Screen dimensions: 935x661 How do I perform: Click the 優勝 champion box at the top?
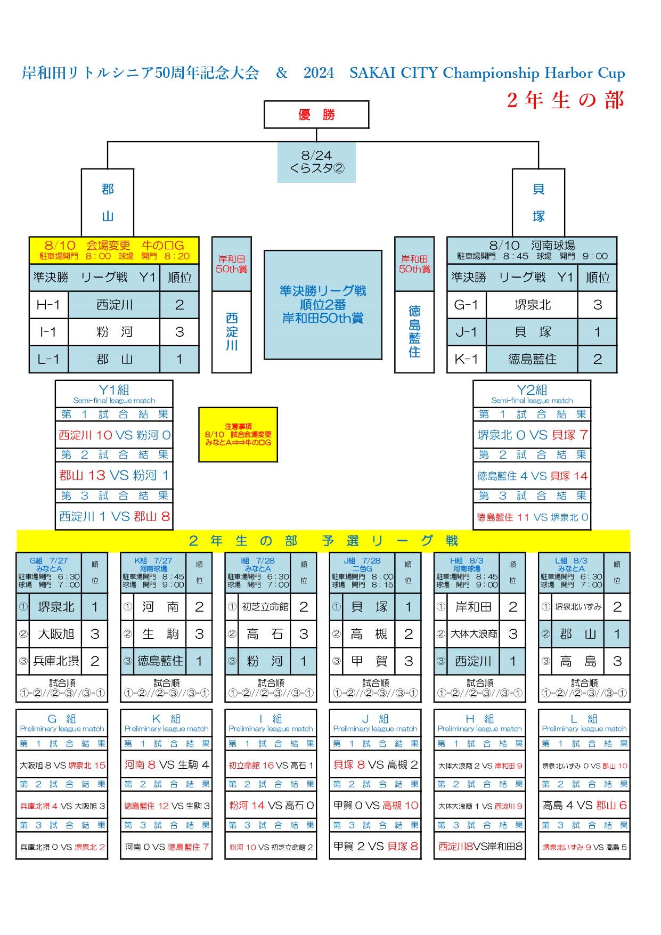(x=316, y=115)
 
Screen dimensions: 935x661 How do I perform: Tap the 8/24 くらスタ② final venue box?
(x=316, y=162)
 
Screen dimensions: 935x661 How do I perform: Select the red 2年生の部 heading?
(x=565, y=100)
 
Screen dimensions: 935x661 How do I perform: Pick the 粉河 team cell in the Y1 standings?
(x=114, y=332)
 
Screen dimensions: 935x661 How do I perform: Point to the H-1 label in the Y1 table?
(x=48, y=305)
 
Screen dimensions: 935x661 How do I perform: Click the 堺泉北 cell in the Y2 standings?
(x=532, y=305)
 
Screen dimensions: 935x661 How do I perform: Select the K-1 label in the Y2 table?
(x=466, y=359)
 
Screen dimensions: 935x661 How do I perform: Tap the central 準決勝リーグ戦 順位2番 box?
(x=323, y=305)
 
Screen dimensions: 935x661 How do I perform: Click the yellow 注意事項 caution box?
(x=238, y=435)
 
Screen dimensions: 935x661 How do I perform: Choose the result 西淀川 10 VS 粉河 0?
(x=114, y=435)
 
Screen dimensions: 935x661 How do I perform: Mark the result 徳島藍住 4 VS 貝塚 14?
(x=532, y=476)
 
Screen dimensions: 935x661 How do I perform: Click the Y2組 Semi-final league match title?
(x=532, y=394)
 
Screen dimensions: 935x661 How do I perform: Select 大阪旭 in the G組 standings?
(x=56, y=634)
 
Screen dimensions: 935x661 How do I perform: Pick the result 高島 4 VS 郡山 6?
(x=584, y=806)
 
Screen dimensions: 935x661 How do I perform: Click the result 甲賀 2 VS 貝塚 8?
(x=376, y=846)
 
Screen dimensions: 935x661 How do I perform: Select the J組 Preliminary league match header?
(x=376, y=723)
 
